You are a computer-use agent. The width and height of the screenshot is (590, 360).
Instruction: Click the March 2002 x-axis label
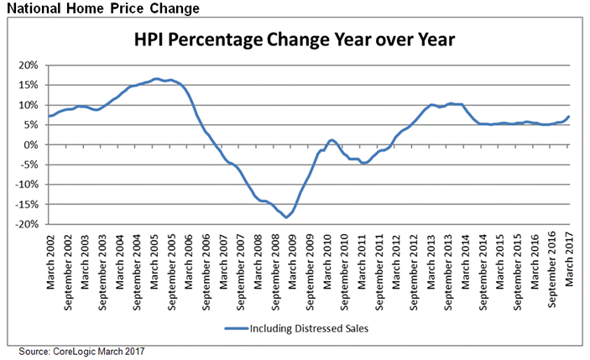coord(51,259)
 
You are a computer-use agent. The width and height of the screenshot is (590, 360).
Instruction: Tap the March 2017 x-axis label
coord(568,259)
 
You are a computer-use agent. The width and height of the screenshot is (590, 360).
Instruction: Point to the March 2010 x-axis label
coord(327,259)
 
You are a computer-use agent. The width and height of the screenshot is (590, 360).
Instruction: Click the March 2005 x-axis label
coord(154,259)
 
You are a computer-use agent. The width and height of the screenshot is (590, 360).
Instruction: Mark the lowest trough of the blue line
coord(286,217)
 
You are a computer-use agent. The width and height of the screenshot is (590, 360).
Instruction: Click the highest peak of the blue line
coord(157,79)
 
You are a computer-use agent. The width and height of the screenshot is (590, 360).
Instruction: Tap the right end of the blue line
coord(568,117)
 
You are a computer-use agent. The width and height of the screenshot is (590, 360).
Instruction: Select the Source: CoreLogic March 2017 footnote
coord(82,350)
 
